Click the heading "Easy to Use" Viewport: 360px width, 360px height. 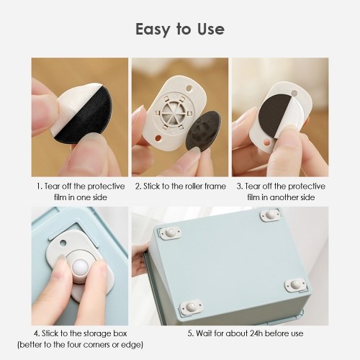pos(180,30)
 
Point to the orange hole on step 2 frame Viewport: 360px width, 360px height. pos(158,138)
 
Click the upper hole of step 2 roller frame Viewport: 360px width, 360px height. pos(189,89)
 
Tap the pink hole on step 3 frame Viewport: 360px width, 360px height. pos(266,143)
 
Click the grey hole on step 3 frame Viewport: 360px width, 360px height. pos(294,93)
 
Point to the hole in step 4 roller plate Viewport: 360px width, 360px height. pos(63,243)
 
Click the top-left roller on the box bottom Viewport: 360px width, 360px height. pos(170,233)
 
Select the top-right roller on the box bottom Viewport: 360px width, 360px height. pos(270,215)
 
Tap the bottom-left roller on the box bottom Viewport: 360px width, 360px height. pos(192,307)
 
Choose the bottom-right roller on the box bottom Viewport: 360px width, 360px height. pos(296,285)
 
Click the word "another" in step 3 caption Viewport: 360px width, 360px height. pos(285,197)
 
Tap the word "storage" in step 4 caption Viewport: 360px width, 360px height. pos(91,333)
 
